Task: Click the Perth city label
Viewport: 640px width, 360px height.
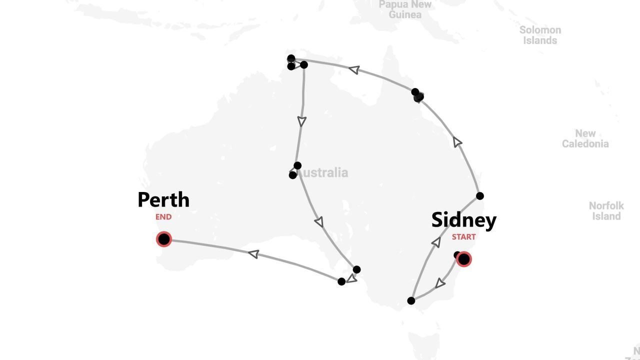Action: (163, 200)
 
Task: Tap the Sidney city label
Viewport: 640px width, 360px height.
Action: (463, 220)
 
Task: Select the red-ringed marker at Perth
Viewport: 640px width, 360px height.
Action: (163, 239)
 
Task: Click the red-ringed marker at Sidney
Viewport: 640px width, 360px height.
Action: (464, 259)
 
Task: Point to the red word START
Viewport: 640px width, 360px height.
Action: (463, 237)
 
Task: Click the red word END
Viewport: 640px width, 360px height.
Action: (163, 217)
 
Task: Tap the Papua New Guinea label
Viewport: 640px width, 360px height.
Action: (405, 9)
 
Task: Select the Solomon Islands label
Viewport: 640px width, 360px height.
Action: (540, 35)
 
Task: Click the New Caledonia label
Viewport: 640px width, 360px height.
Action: (585, 138)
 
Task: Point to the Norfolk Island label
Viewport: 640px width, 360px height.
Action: (606, 211)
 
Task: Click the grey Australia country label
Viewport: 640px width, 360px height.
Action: (323, 173)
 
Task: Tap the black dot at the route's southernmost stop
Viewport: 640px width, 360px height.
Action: (411, 300)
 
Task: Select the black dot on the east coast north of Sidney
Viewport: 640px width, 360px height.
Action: (480, 196)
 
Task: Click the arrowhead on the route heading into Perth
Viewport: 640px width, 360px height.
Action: (254, 254)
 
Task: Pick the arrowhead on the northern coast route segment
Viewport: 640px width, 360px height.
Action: (354, 69)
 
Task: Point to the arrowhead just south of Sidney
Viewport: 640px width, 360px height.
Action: (440, 283)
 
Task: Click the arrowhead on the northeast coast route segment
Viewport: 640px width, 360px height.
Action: (457, 142)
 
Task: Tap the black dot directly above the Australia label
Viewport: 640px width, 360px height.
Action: (297, 165)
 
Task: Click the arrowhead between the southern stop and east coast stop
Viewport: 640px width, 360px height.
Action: (436, 242)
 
